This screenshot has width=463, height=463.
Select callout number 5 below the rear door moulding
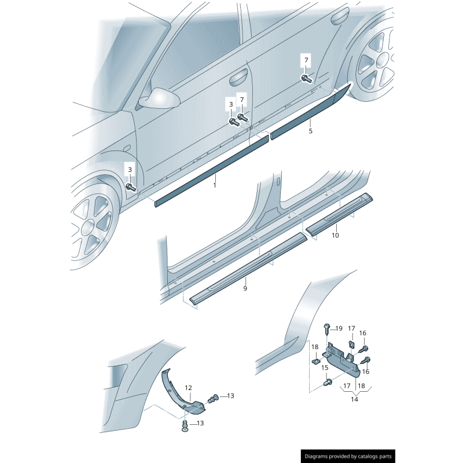[310, 131]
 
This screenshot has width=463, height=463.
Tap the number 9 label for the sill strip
[245, 288]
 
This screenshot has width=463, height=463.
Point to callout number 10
[335, 235]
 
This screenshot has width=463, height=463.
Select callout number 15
[325, 368]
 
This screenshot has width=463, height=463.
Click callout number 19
[339, 328]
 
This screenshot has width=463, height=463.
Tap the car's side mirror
[159, 98]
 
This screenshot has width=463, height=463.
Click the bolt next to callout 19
[328, 329]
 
